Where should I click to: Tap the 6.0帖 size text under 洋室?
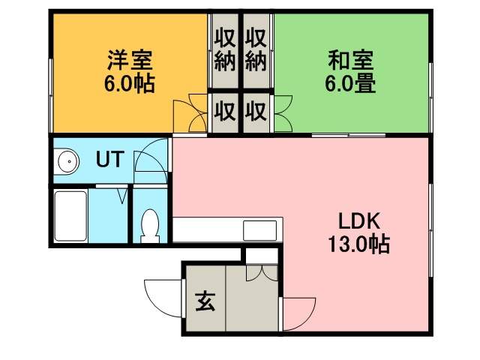point(128,82)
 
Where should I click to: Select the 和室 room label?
point(350,58)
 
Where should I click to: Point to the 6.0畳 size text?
point(350,82)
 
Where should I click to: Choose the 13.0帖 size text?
point(358,244)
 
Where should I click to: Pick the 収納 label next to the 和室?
point(256,49)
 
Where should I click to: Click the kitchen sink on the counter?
point(259,229)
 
